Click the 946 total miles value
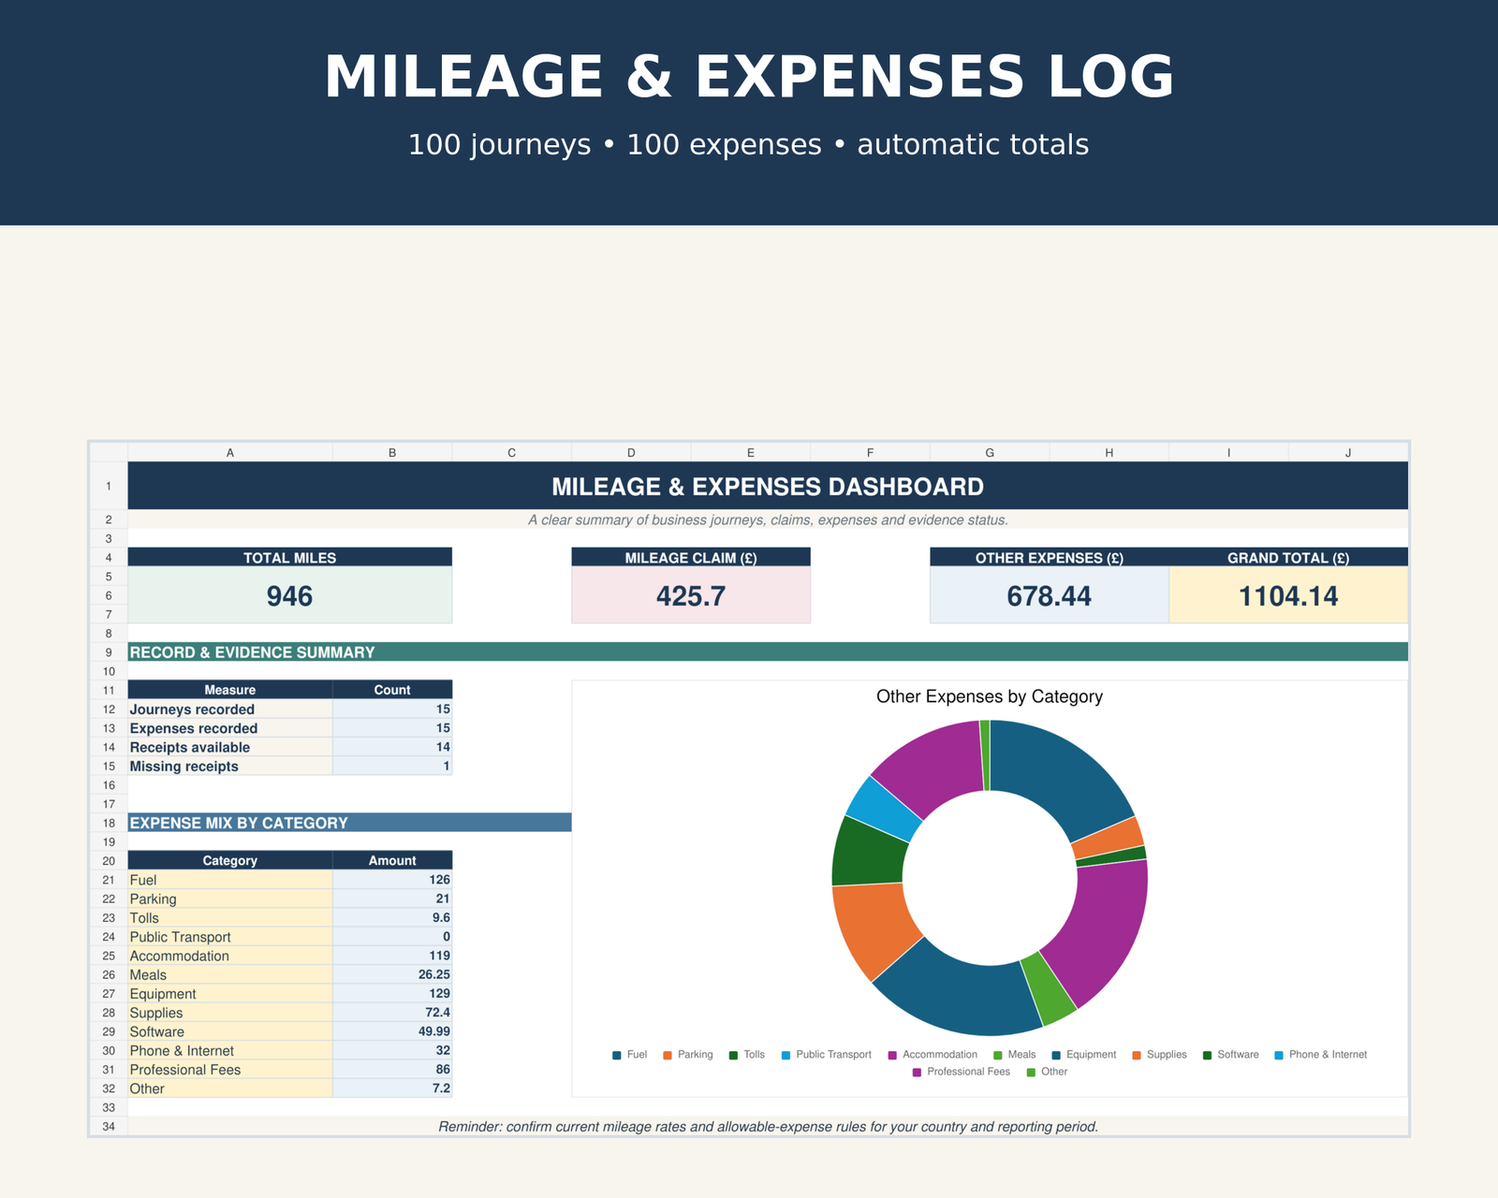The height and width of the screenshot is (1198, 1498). (x=289, y=596)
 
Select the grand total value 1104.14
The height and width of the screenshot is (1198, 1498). (x=1287, y=596)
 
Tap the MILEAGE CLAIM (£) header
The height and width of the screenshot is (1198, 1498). (x=691, y=558)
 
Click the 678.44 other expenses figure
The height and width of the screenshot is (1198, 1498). (x=1049, y=596)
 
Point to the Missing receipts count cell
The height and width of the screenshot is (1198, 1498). (x=392, y=766)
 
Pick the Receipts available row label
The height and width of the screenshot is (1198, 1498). (x=189, y=747)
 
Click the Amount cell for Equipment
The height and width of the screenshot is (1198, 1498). (x=392, y=993)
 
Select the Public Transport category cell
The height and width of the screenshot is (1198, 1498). (x=229, y=937)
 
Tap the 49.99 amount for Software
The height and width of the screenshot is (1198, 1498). (x=433, y=1030)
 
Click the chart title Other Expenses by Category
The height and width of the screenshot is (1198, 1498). (x=990, y=696)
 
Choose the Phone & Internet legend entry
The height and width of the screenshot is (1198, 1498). (x=1320, y=1055)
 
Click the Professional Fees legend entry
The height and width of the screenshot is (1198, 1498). (x=961, y=1072)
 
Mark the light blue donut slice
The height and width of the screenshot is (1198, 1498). (x=883, y=808)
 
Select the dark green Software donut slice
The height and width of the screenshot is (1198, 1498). (x=869, y=851)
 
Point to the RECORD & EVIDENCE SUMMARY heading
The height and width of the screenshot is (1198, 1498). (x=252, y=652)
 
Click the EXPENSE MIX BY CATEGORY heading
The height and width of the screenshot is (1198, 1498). (x=239, y=823)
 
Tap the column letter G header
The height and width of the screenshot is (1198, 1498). (x=990, y=452)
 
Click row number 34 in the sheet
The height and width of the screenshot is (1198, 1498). (x=109, y=1126)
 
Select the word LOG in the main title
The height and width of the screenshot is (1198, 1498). (x=1111, y=77)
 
